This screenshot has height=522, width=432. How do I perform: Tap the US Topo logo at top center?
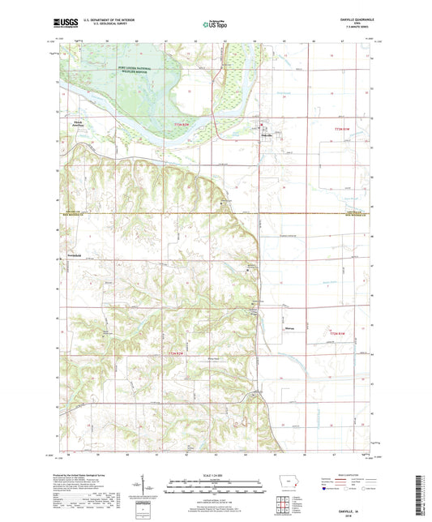215,25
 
